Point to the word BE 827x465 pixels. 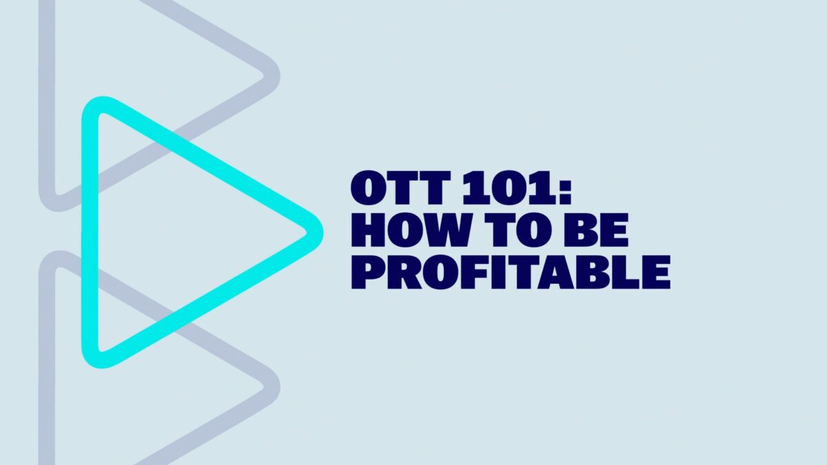point(595,230)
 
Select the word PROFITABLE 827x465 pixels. point(511,272)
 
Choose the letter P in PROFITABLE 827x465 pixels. point(365,272)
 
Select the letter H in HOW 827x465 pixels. point(368,230)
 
